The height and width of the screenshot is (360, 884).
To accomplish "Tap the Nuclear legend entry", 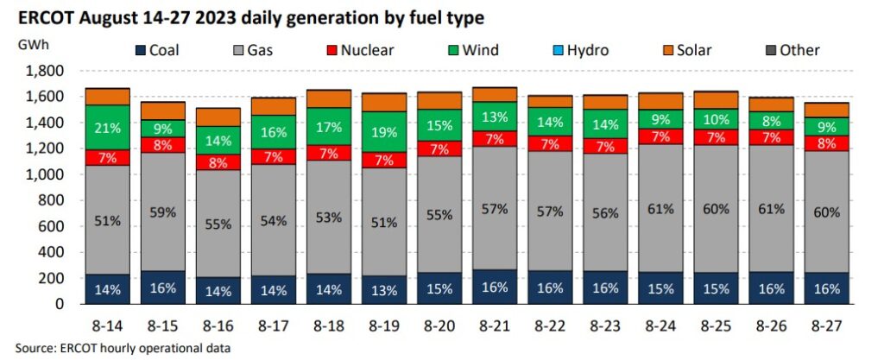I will [357, 51].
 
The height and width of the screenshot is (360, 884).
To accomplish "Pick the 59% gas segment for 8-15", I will [163, 212].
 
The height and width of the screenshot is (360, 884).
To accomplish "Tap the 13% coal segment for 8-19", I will [386, 289].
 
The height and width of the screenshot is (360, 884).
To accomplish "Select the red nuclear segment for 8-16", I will [218, 162].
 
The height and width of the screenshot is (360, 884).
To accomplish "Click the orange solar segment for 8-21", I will [497, 94].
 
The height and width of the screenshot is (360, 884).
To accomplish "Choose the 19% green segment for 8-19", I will [386, 132].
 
